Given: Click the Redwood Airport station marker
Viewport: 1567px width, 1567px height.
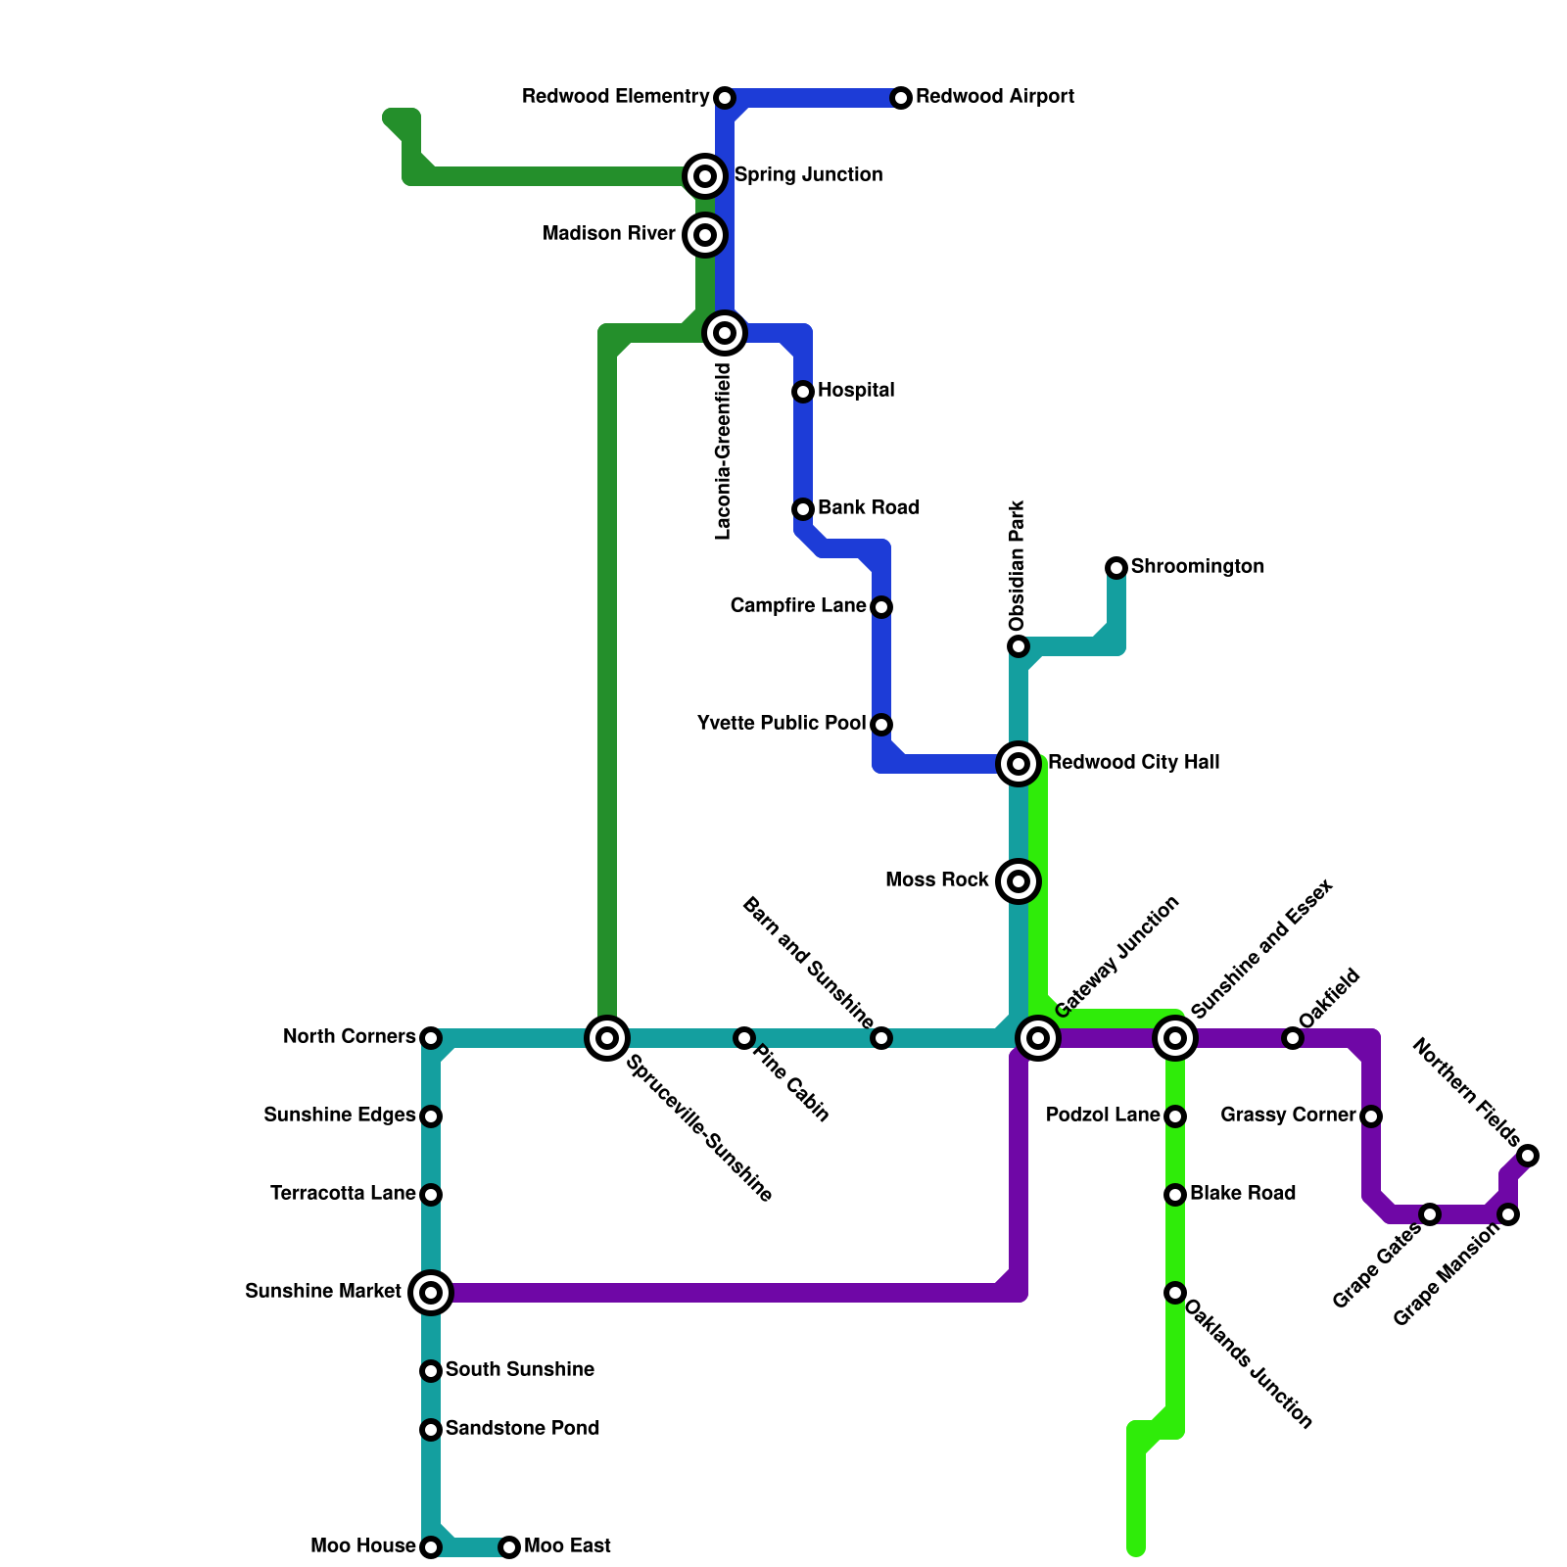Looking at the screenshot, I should tap(901, 98).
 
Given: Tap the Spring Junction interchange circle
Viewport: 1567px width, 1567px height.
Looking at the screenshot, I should tap(705, 176).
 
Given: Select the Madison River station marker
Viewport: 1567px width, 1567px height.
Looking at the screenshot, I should tap(705, 235).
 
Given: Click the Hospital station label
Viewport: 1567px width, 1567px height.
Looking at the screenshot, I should tap(856, 391).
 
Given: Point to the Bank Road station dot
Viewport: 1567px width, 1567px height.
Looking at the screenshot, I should tap(803, 509).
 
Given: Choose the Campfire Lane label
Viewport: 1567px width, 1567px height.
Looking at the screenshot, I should tap(798, 606).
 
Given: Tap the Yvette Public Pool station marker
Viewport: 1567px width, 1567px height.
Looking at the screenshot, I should tap(881, 725).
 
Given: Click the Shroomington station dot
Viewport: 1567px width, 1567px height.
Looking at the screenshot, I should tap(1116, 568).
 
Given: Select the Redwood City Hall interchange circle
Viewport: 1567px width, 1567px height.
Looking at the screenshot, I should tap(1019, 764).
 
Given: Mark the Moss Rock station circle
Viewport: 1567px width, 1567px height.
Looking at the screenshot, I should tap(1019, 881).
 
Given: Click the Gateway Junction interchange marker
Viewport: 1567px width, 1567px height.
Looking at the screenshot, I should tap(1038, 1038).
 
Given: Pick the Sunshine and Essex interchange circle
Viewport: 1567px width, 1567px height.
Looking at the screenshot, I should tap(1175, 1038).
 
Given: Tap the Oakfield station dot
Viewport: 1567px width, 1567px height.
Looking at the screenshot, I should tap(1293, 1038).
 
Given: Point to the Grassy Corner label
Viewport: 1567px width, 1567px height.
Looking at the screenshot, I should tap(1288, 1116).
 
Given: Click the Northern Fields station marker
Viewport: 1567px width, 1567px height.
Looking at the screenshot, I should tap(1528, 1156).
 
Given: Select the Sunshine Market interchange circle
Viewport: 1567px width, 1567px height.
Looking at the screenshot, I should tap(431, 1293).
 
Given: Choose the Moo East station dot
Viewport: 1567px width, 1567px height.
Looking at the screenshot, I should tap(509, 1547).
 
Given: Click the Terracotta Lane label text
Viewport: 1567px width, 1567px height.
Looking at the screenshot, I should tap(343, 1194).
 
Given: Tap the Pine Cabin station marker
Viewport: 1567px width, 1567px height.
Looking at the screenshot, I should tap(744, 1038).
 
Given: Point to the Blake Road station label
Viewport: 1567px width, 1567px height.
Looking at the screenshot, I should tap(1243, 1194).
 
